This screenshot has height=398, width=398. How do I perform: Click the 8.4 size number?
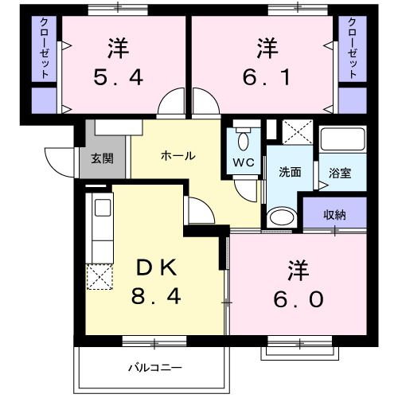pos(158,298)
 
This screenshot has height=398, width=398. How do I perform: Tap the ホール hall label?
pos(178,156)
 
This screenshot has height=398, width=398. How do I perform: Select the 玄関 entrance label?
pos(102,158)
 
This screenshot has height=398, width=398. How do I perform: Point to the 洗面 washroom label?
pos(290,172)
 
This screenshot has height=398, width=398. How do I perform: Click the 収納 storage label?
pos(334,214)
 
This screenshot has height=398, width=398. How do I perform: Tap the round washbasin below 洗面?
pos(279,216)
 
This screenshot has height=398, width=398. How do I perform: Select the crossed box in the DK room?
pos(100,277)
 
